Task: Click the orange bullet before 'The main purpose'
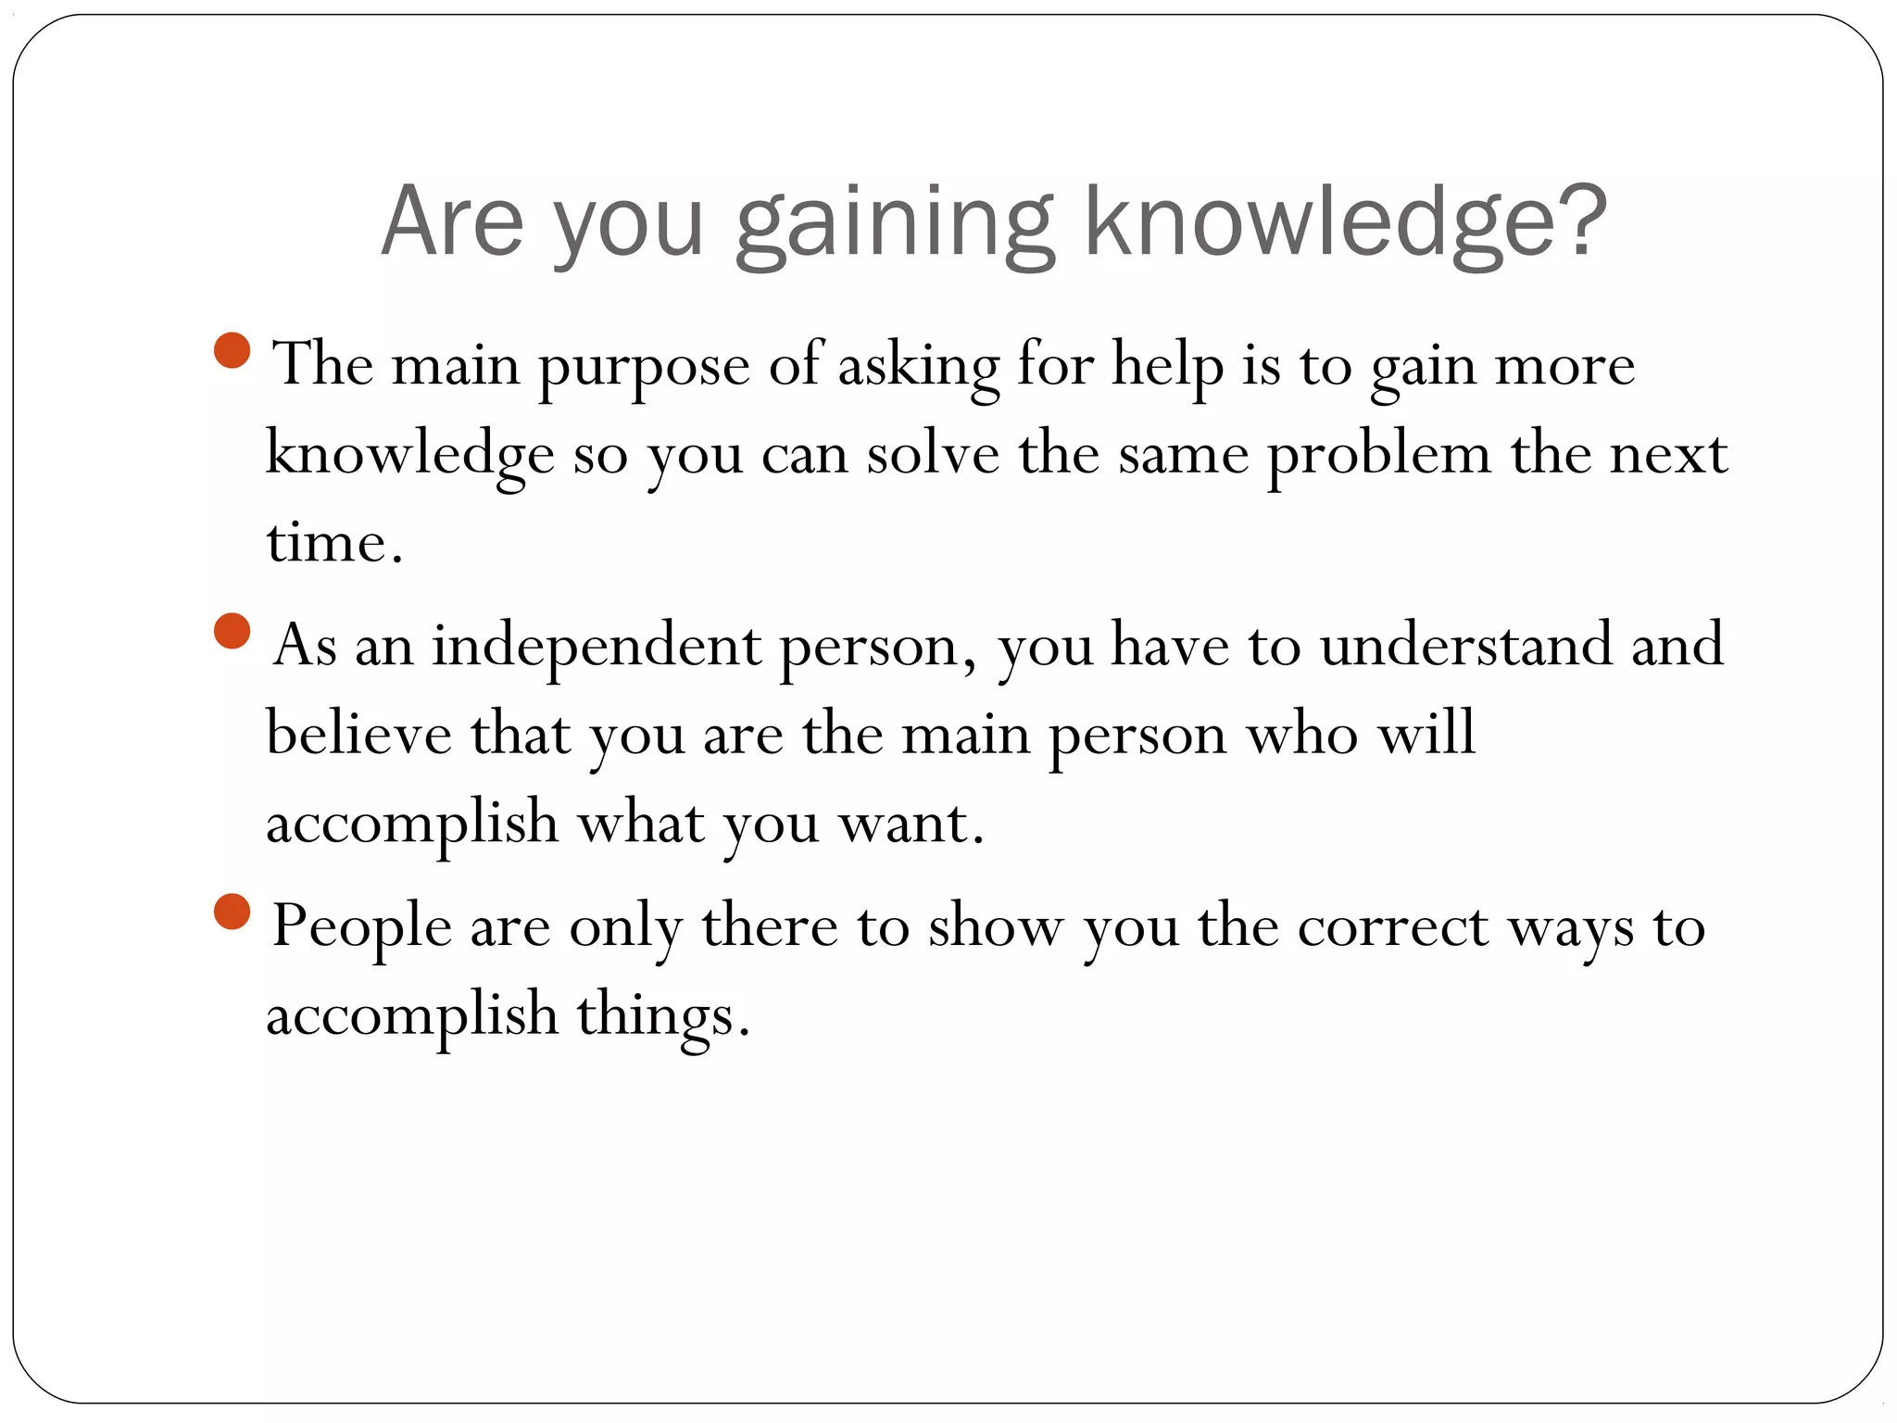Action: pos(232,350)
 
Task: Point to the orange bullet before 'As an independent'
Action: pos(232,631)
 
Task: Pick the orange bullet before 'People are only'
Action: pos(232,912)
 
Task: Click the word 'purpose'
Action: pos(644,367)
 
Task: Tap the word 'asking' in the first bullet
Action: pos(918,367)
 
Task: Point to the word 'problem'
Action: pos(1378,456)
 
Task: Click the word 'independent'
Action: pos(596,646)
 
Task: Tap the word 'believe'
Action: pos(358,733)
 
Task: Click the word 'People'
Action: pos(361,926)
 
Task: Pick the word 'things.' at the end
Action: pos(662,1015)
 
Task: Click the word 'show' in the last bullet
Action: pos(996,926)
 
